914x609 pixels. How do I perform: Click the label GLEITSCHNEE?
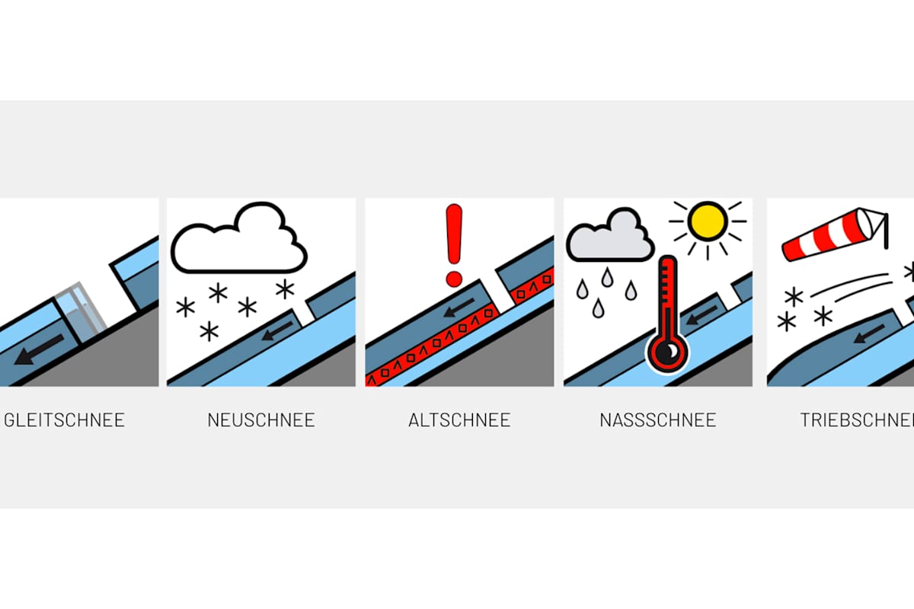pos(65,419)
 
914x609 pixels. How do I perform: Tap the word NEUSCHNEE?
pos(260,419)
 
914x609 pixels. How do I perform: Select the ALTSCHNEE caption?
pos(459,419)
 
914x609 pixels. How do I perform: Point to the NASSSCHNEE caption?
pos(657,419)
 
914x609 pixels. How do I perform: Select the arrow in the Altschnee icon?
pos(459,308)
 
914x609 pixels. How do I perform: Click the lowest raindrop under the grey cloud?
pos(599,308)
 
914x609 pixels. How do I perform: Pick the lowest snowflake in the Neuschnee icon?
pos(209,331)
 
